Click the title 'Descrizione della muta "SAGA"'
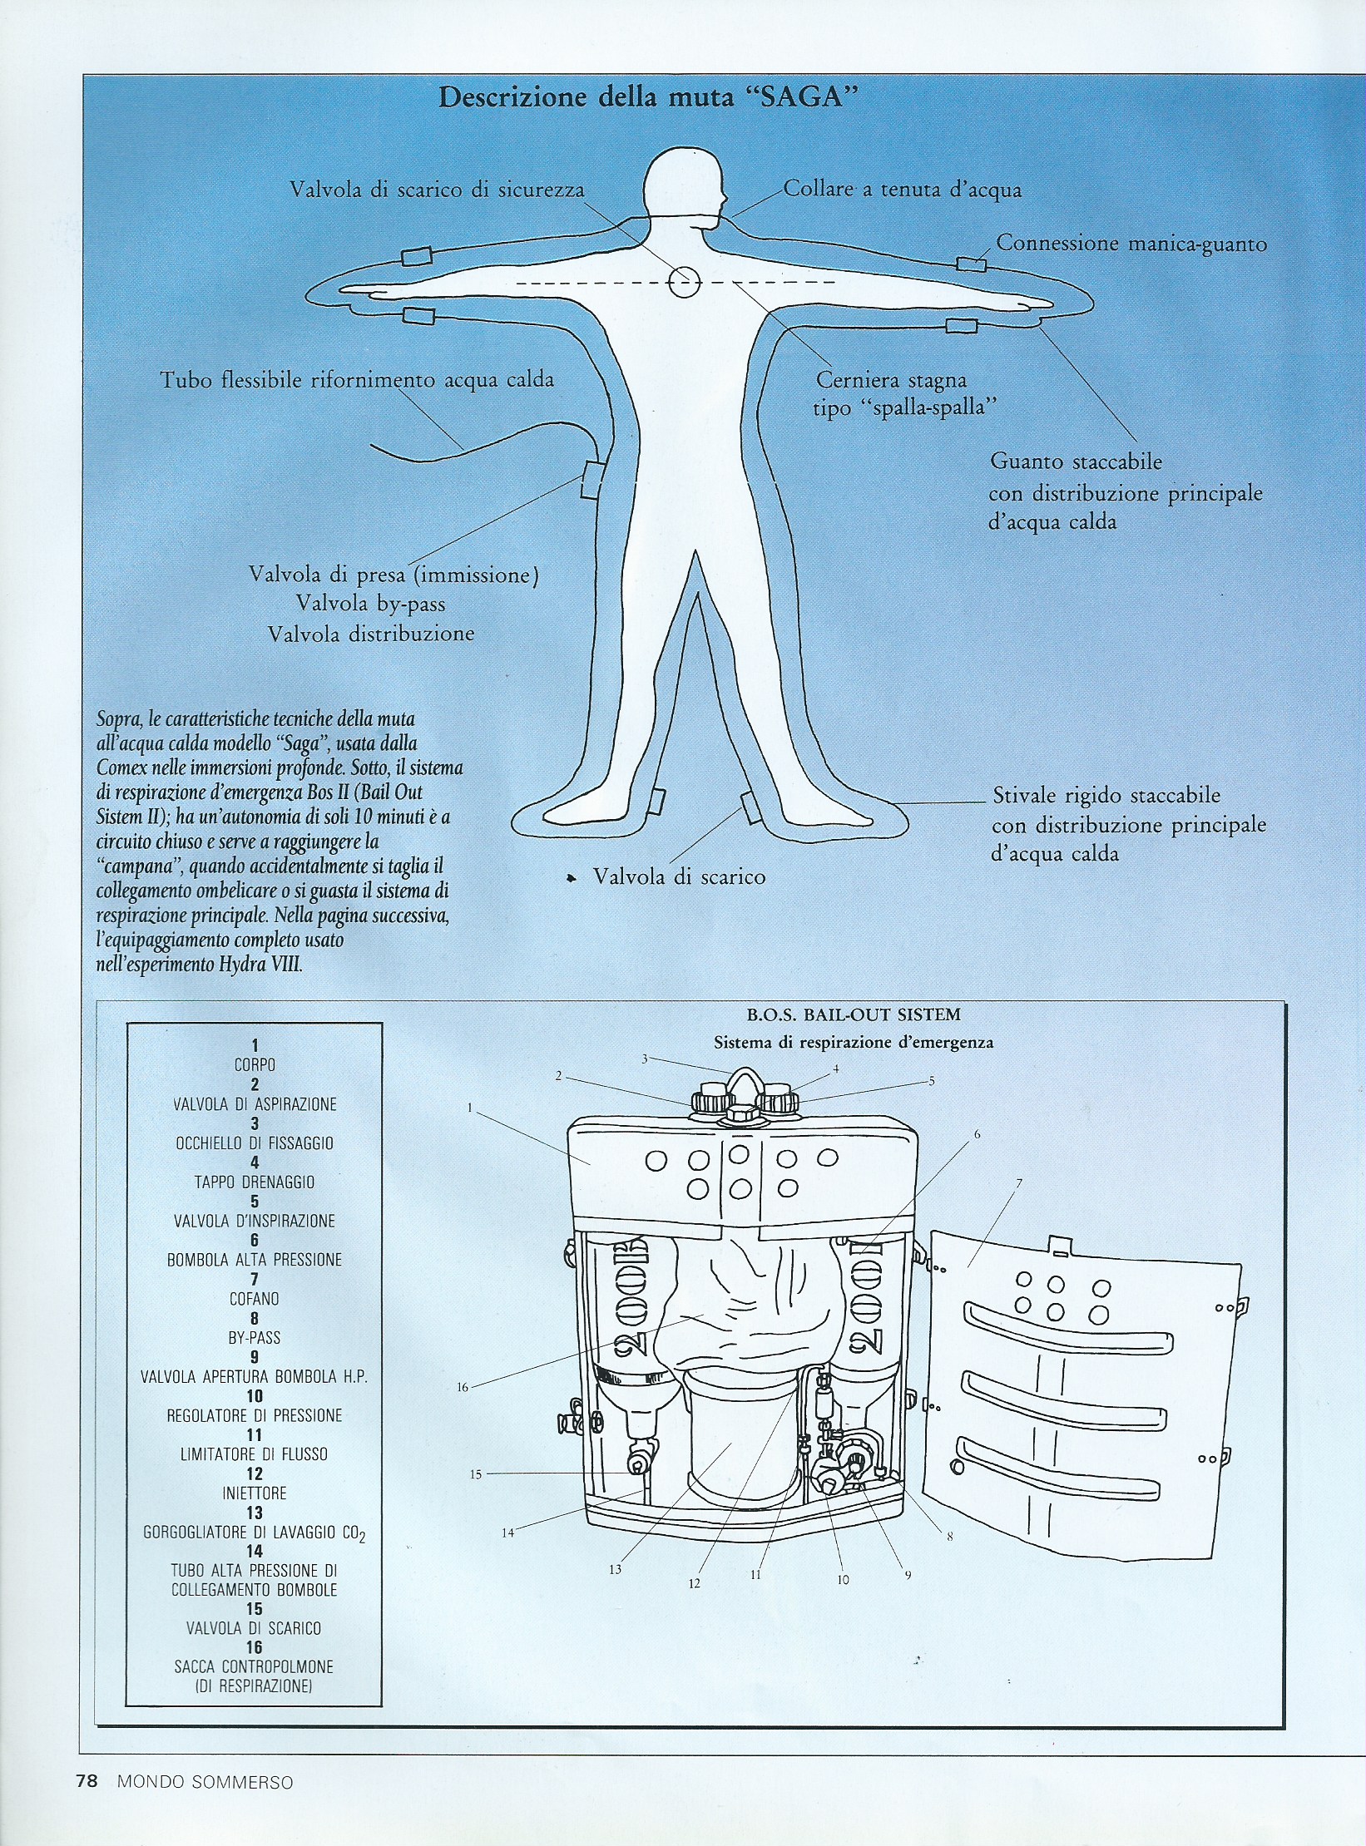[648, 97]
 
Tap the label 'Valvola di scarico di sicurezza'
[437, 190]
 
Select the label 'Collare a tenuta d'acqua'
[903, 190]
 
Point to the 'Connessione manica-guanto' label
[1131, 244]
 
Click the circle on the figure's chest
[684, 283]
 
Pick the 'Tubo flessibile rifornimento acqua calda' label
[357, 380]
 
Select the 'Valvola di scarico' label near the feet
[678, 876]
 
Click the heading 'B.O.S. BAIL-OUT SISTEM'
[854, 1015]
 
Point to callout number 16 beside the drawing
[463, 1387]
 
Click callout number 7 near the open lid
[1019, 1183]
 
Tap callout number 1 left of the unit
[470, 1108]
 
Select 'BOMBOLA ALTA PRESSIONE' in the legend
[255, 1260]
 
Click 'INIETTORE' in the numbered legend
[255, 1493]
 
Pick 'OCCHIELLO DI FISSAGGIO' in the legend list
[255, 1143]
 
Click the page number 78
[87, 1780]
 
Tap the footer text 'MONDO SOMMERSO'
[205, 1781]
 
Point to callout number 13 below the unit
[616, 1569]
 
